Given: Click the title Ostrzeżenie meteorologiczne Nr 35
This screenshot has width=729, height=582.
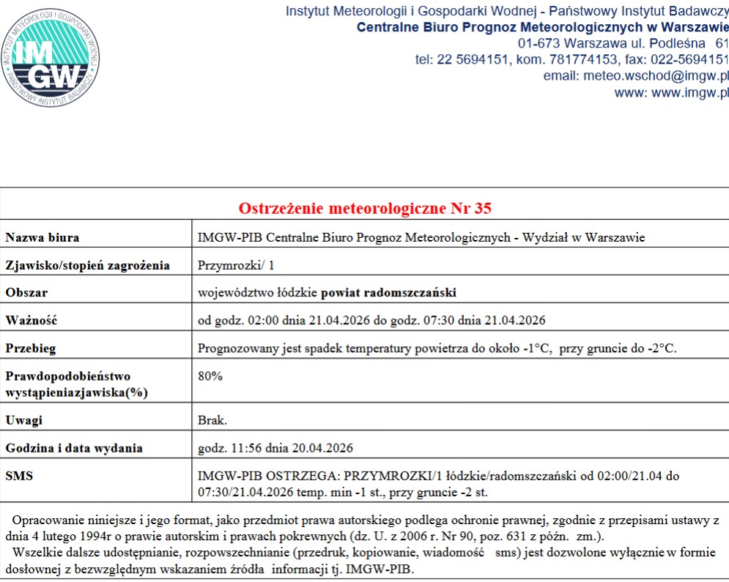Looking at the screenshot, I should [x=365, y=208].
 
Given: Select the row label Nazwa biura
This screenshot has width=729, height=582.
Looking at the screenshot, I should [x=42, y=237].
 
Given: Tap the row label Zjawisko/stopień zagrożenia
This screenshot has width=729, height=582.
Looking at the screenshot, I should [x=88, y=265].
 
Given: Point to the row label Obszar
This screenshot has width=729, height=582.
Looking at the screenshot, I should [x=26, y=293].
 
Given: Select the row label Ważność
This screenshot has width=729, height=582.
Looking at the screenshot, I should [x=31, y=321].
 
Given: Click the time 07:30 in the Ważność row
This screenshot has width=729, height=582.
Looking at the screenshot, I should [x=445, y=321].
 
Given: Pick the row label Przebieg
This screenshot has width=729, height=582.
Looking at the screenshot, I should [x=31, y=348].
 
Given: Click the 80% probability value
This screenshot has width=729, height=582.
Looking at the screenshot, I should [x=210, y=376].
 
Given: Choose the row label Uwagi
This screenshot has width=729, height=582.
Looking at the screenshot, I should [x=24, y=420].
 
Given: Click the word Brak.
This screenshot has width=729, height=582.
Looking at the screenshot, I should [x=212, y=420].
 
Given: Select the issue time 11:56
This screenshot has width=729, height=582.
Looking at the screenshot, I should [x=237, y=448].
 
